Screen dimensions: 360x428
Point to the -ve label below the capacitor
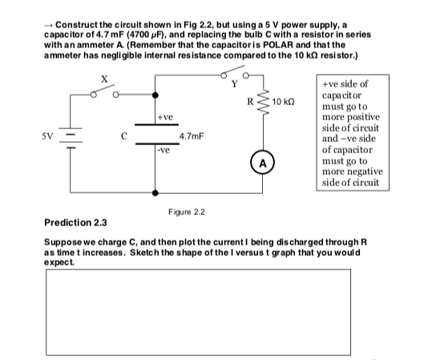click(164, 149)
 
